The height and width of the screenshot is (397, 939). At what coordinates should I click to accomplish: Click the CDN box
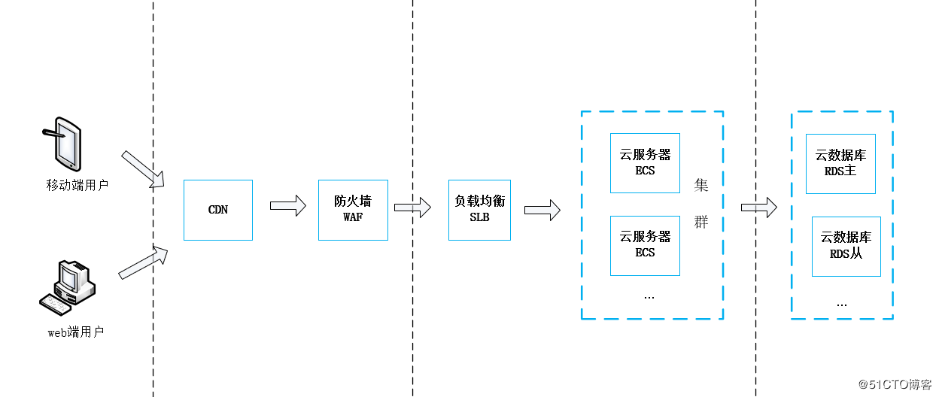tap(218, 210)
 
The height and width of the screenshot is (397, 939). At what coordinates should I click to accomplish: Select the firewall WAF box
tap(353, 210)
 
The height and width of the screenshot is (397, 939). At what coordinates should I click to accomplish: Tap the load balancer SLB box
tap(479, 210)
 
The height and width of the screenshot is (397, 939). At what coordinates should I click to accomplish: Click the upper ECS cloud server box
tap(645, 163)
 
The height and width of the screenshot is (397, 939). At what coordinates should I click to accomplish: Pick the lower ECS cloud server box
tap(645, 245)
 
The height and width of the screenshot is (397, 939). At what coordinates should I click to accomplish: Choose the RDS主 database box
tap(840, 163)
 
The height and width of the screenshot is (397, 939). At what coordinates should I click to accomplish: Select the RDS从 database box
tap(846, 246)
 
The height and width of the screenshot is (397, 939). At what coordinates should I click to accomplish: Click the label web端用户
tap(76, 332)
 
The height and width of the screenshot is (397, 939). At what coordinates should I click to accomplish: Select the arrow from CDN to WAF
tap(288, 205)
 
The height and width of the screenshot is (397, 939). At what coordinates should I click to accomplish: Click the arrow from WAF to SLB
tap(412, 207)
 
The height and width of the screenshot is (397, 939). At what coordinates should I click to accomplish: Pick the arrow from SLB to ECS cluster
tap(542, 210)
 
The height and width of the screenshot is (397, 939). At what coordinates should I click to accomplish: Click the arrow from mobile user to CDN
tap(143, 169)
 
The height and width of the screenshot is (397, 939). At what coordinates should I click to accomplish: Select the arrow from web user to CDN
tap(143, 261)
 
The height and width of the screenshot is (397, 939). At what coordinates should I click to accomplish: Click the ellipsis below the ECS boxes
tap(649, 297)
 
